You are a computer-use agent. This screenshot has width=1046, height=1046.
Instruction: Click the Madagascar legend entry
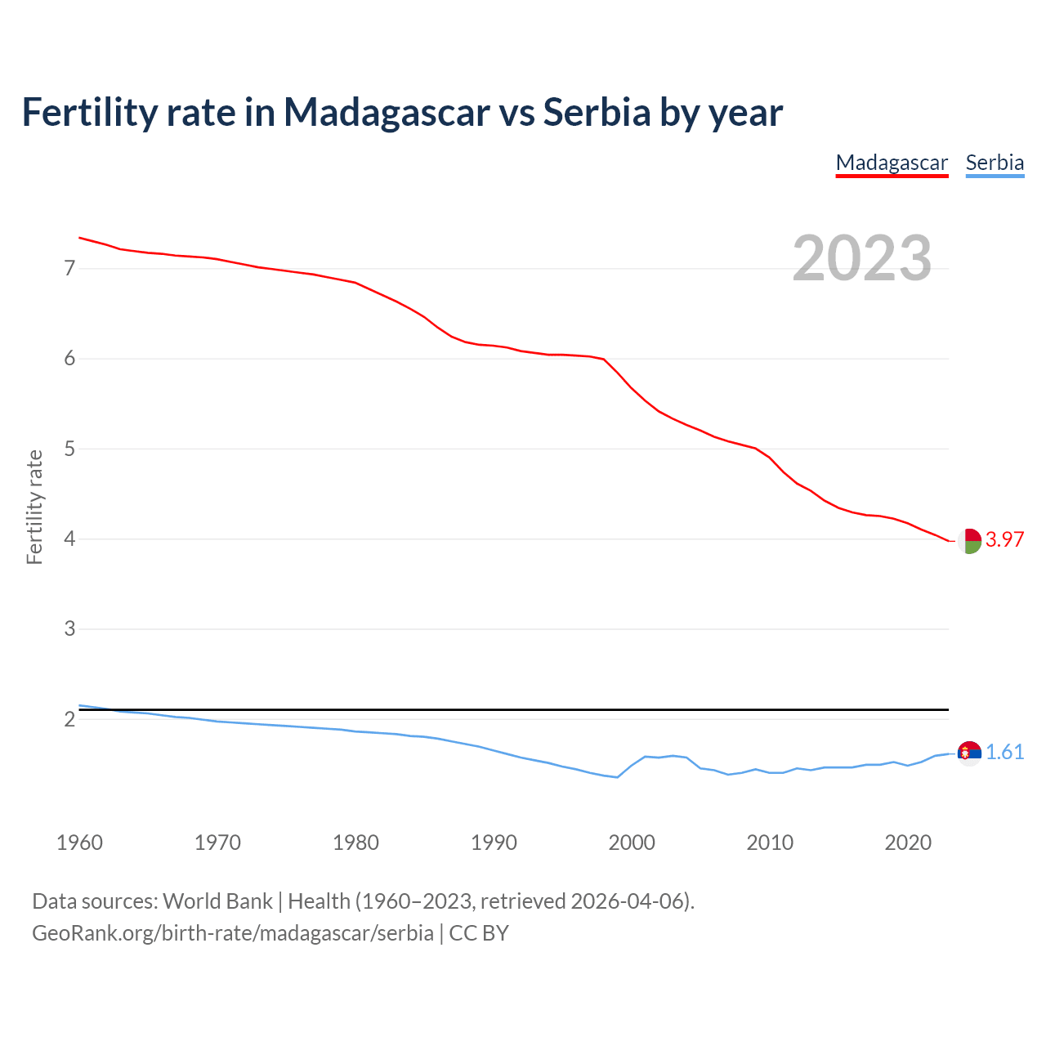(892, 163)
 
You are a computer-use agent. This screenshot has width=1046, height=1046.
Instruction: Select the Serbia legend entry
(995, 163)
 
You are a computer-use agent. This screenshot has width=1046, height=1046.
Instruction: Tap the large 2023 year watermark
(862, 258)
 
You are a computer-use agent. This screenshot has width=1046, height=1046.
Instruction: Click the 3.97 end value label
(1004, 539)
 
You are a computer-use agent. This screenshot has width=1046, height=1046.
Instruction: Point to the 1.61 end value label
(1004, 752)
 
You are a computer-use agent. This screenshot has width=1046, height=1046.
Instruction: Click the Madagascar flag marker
(969, 541)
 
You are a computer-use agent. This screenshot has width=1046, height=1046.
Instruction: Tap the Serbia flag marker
(969, 753)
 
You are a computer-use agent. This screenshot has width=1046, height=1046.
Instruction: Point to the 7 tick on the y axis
(69, 269)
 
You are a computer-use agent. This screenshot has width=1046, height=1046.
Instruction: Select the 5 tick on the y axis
(69, 449)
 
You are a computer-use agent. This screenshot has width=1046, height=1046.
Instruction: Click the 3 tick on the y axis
(69, 629)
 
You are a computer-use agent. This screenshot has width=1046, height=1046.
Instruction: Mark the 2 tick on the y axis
(69, 719)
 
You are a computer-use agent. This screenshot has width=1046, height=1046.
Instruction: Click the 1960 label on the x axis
(79, 843)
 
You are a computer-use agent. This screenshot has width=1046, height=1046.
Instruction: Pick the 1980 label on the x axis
(355, 843)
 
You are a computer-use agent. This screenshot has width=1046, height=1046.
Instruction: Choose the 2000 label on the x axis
(632, 843)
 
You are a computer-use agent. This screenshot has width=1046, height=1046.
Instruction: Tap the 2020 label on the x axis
(908, 843)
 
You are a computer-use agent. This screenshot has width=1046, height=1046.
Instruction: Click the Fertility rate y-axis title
(34, 507)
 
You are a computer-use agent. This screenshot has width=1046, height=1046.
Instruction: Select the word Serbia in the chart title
(597, 112)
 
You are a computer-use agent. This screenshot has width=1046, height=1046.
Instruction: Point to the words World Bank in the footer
(217, 901)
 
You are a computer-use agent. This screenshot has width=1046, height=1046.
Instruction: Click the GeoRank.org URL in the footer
(233, 933)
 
